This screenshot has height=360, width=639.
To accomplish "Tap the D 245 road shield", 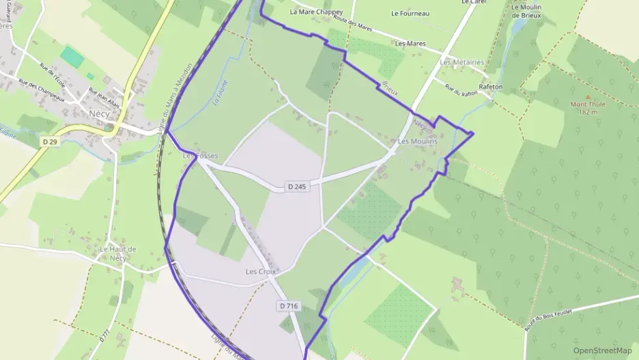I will (296, 186).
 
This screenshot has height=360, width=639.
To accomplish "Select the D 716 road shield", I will (288, 306).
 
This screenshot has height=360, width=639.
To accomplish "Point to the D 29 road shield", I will (48, 141).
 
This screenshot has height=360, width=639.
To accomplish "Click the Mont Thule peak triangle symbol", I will (588, 98).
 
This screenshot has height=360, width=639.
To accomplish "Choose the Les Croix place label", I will (261, 272).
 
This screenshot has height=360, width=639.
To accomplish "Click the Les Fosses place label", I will (199, 156).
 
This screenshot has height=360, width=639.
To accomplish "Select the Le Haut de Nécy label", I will (118, 253).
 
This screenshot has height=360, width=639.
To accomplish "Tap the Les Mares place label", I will (410, 44).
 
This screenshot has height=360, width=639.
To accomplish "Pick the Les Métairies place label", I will (462, 62).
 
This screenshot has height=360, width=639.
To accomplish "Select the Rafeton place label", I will (491, 87).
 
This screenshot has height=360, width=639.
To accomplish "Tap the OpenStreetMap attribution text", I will (602, 350).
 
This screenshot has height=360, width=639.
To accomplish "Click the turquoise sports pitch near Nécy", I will (72, 57).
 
